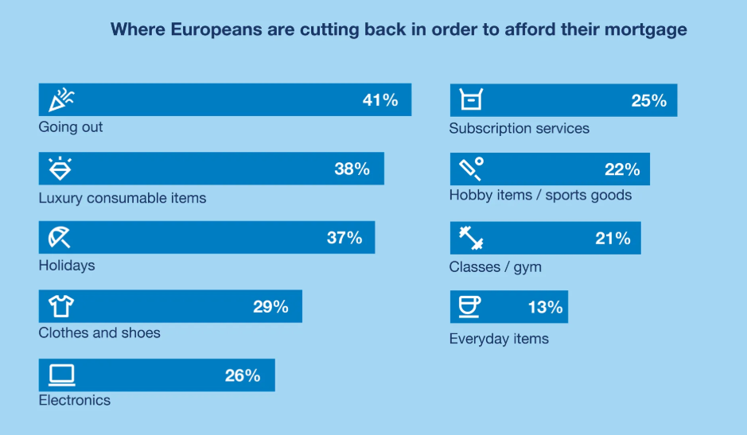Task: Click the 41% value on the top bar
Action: (x=379, y=100)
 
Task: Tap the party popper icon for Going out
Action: (x=61, y=99)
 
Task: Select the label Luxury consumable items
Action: (x=123, y=198)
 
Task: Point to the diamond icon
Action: (x=60, y=169)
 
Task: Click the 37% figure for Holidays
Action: (x=344, y=238)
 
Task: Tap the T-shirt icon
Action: (x=61, y=306)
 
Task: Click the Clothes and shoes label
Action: (x=99, y=332)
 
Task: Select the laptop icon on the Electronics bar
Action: (x=61, y=375)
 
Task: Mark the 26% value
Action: (x=242, y=375)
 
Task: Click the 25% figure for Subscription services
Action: (x=648, y=101)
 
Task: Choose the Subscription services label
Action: (x=519, y=128)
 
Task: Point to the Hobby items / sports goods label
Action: (x=540, y=195)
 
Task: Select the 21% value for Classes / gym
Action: (x=613, y=239)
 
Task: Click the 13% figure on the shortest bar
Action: (x=545, y=307)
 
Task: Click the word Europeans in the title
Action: (x=200, y=30)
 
